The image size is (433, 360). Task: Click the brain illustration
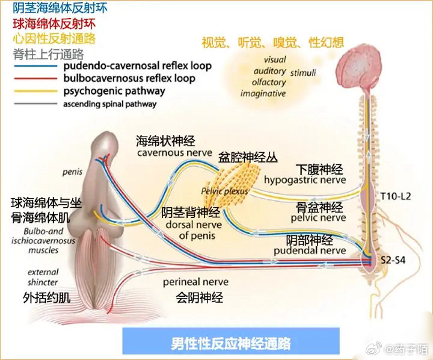click(369, 66)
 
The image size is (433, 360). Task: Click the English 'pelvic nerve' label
click(321, 217)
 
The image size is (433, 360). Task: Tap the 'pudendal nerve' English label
click(310, 250)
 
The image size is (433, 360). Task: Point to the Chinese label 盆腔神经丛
click(249, 158)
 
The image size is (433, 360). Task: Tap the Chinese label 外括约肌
click(43, 298)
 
